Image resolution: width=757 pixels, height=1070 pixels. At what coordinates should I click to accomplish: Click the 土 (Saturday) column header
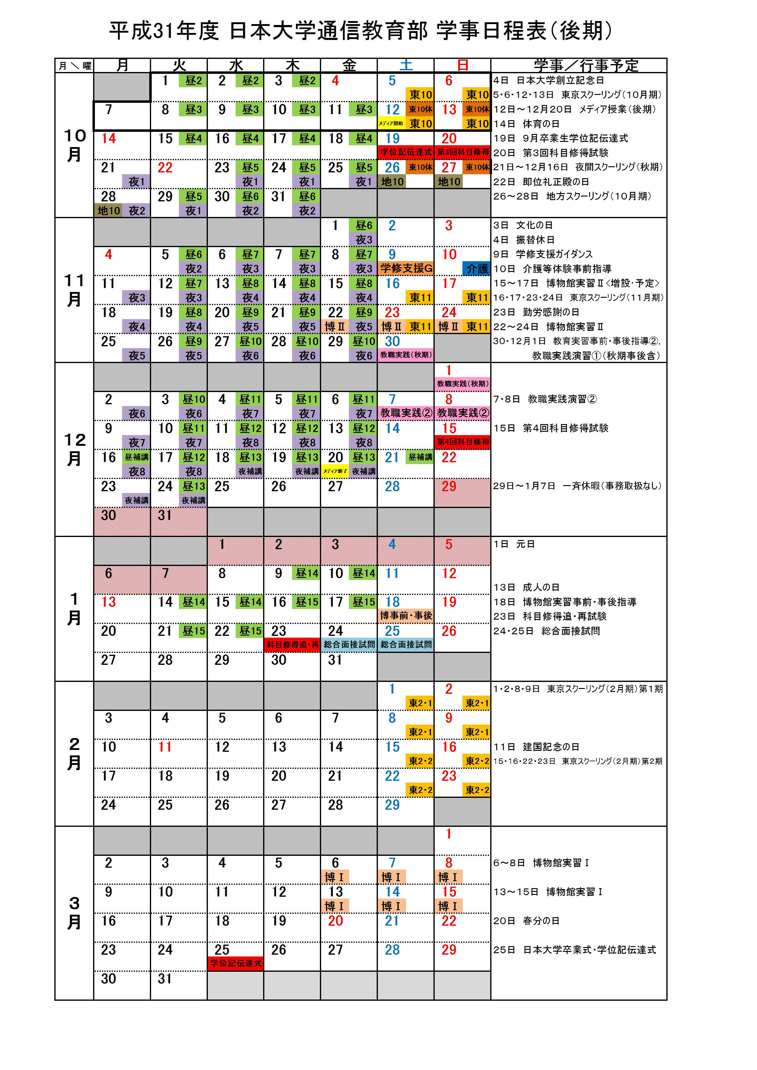pos(406,65)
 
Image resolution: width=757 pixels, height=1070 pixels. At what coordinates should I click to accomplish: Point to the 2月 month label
pos(74,754)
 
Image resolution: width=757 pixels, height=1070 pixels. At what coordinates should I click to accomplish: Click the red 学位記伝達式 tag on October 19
pos(406,152)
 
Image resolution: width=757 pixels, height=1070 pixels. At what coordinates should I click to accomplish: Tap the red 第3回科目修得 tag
pos(462,152)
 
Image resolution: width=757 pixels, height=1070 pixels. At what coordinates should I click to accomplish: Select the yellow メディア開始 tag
pos(391,124)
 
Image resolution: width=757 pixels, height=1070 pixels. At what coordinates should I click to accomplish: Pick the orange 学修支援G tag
pos(406,268)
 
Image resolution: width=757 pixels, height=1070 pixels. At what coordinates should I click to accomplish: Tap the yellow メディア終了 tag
pos(335,471)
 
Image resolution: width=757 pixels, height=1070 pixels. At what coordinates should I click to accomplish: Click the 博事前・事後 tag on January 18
pos(406,616)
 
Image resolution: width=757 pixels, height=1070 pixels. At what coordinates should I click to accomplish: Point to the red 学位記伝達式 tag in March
pos(236,963)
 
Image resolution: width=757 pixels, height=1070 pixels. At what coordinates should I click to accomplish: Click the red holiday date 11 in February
pos(165,747)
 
